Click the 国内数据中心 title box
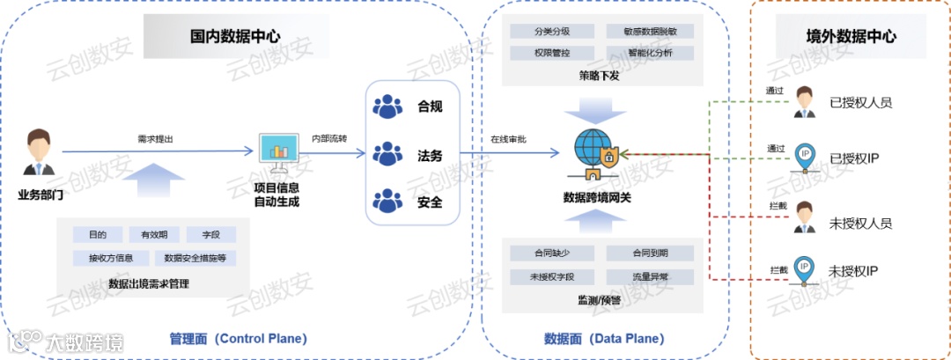pyautogui.click(x=235, y=37)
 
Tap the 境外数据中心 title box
pyautogui.click(x=851, y=37)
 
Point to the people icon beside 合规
pyautogui.click(x=387, y=107)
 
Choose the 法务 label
pyautogui.click(x=430, y=155)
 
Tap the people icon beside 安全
pyautogui.click(x=387, y=202)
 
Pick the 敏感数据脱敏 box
pyautogui.click(x=650, y=31)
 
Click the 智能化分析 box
pyautogui.click(x=650, y=54)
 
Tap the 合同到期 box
pyautogui.click(x=650, y=253)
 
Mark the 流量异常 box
pyautogui.click(x=650, y=276)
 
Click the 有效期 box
pyautogui.click(x=154, y=235)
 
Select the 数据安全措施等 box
pyautogui.click(x=195, y=258)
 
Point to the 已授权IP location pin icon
pyautogui.click(x=803, y=157)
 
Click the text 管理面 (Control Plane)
pyautogui.click(x=237, y=339)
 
